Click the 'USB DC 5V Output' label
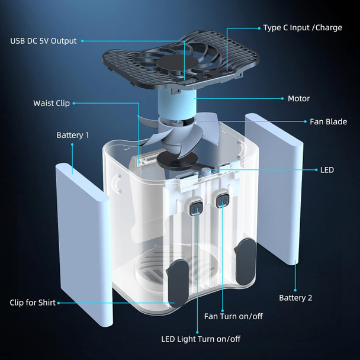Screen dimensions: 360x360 (x=43, y=41)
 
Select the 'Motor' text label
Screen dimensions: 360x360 (x=298, y=98)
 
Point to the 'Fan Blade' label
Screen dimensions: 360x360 (x=328, y=121)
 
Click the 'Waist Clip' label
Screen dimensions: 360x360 (x=52, y=103)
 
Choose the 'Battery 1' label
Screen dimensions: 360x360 (x=73, y=135)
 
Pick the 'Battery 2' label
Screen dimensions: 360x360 (x=295, y=297)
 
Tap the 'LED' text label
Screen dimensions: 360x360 (x=327, y=170)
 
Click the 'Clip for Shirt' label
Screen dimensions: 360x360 (x=33, y=303)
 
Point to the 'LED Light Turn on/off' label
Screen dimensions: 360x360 (x=201, y=339)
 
